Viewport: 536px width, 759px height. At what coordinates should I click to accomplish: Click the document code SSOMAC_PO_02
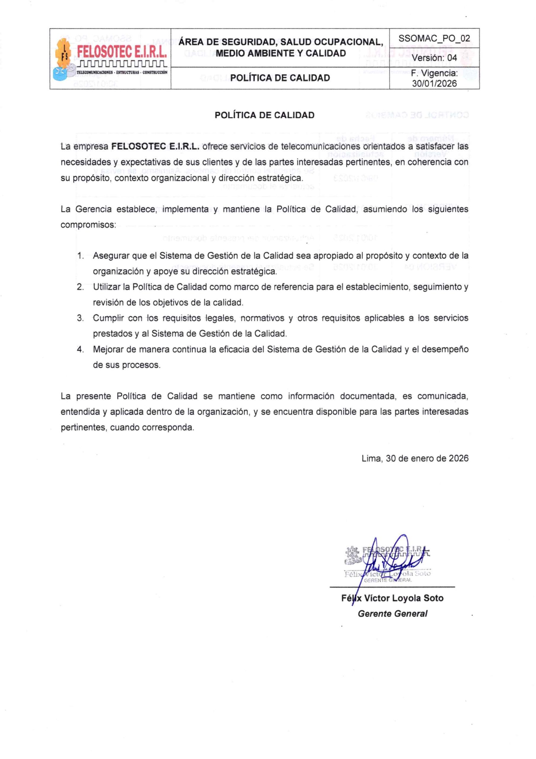[x=434, y=38]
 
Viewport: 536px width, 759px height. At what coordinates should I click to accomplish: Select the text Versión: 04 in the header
[x=434, y=58]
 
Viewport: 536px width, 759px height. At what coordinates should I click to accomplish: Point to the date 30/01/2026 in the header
[x=434, y=83]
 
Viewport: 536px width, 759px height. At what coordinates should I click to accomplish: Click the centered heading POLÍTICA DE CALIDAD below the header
[x=264, y=115]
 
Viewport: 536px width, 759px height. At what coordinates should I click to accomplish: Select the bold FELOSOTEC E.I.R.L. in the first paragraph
[x=155, y=146]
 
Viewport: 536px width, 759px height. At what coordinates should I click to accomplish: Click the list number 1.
[x=80, y=256]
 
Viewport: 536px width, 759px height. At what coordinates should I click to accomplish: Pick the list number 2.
[x=80, y=287]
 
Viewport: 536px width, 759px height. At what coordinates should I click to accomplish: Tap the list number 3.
[x=80, y=318]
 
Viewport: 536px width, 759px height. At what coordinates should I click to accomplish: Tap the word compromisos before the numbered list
[x=88, y=225]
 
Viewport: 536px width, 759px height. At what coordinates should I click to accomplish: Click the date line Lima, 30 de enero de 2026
[x=415, y=458]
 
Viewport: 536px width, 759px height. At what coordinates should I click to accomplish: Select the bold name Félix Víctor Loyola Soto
[x=392, y=598]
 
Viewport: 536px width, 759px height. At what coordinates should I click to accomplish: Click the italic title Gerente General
[x=392, y=613]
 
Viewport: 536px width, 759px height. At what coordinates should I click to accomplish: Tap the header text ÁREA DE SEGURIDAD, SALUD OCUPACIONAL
[x=281, y=42]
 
